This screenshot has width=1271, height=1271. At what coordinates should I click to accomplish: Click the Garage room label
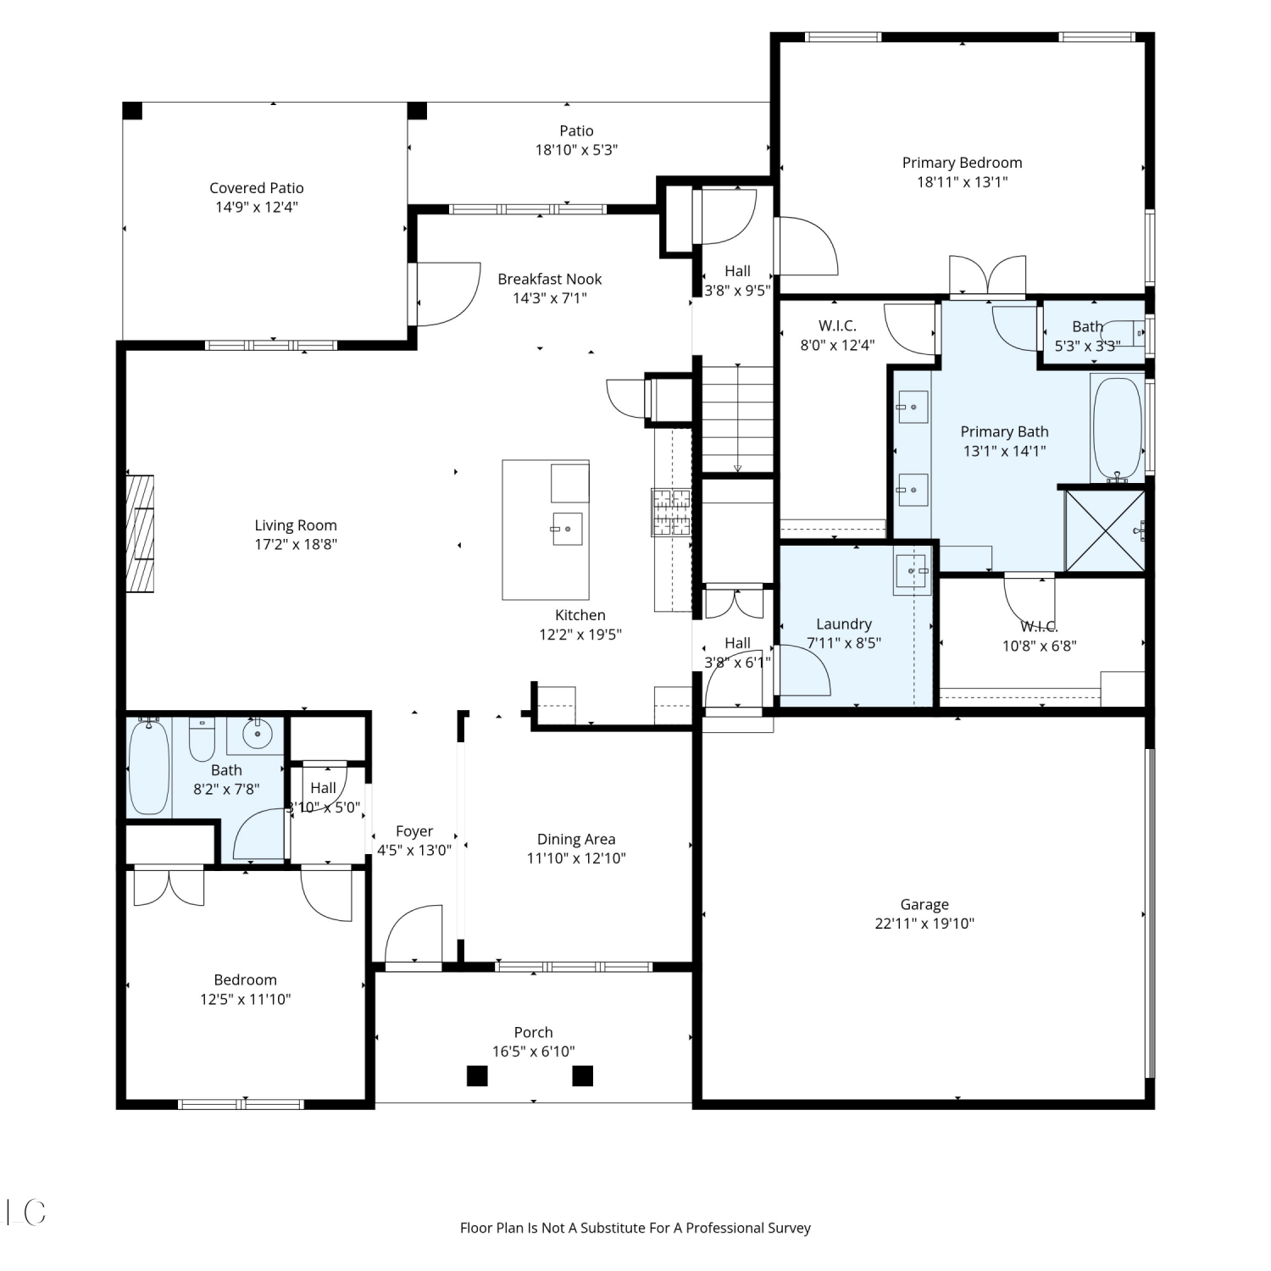(924, 904)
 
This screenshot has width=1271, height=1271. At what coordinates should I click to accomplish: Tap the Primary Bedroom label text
(962, 163)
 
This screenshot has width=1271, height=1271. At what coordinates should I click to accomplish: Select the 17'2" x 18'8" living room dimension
(296, 544)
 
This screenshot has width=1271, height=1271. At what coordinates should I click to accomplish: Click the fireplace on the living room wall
(140, 534)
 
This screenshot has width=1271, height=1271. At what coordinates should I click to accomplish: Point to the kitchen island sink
(568, 529)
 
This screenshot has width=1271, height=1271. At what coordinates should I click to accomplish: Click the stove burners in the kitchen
(671, 512)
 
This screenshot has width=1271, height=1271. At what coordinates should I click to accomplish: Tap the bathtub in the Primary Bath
(1118, 429)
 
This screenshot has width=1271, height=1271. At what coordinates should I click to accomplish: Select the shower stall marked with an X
(1105, 530)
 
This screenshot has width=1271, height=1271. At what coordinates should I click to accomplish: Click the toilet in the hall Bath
(202, 740)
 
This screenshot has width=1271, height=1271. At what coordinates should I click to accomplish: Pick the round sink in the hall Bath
(257, 733)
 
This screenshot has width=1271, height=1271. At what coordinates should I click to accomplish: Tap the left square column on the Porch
(477, 1076)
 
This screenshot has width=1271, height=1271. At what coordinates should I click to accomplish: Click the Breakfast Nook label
(550, 279)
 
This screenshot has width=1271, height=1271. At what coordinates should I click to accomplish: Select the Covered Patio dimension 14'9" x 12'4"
(257, 207)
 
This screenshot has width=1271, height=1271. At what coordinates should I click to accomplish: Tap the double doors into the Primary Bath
(987, 275)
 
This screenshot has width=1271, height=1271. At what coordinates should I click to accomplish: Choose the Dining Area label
(576, 839)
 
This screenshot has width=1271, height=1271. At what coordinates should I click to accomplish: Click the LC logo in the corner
(25, 1213)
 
